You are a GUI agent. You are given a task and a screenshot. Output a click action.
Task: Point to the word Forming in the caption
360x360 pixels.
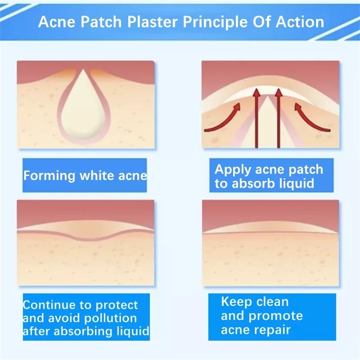(49, 175)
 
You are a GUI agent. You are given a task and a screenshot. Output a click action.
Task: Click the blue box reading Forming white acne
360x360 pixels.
(85, 175)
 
